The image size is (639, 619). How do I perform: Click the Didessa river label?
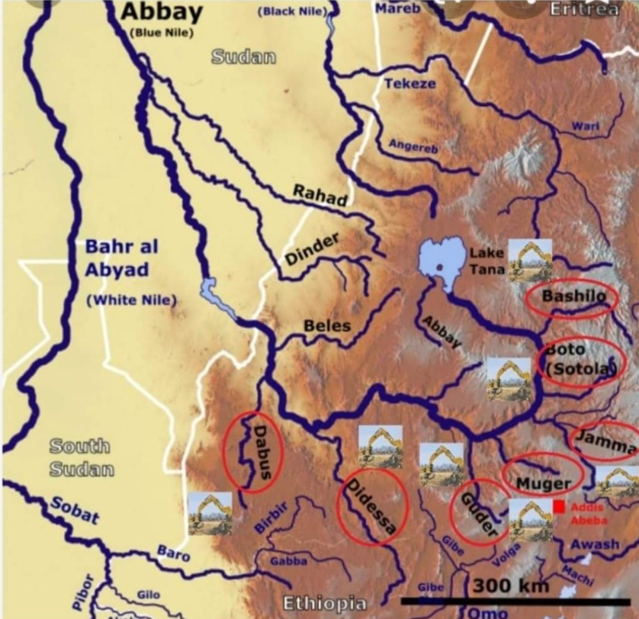371,506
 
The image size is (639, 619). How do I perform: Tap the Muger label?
542,483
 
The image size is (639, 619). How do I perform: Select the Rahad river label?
320,195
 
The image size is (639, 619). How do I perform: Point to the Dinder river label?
312,249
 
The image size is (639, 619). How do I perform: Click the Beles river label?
327,326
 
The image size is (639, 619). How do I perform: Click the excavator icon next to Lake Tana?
531,261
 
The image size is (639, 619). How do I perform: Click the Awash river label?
595,544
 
